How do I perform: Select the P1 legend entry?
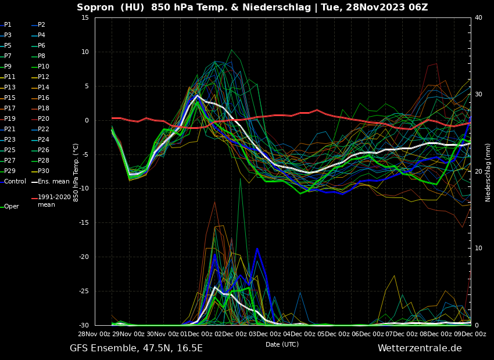point(8,25)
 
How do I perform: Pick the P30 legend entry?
point(44,171)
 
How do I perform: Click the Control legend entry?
point(15,182)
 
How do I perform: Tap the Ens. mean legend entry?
point(53,182)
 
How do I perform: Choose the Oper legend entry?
point(11,207)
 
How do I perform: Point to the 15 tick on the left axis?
point(85,17)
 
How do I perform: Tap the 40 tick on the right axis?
point(478,17)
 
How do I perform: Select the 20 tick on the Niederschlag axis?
point(478,171)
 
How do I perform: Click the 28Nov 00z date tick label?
point(95,334)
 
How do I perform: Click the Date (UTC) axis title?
point(282,344)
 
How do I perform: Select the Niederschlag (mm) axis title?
point(488,172)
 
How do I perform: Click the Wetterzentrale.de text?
point(420,348)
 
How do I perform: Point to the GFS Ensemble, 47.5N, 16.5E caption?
point(136,348)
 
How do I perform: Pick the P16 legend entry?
point(44,98)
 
